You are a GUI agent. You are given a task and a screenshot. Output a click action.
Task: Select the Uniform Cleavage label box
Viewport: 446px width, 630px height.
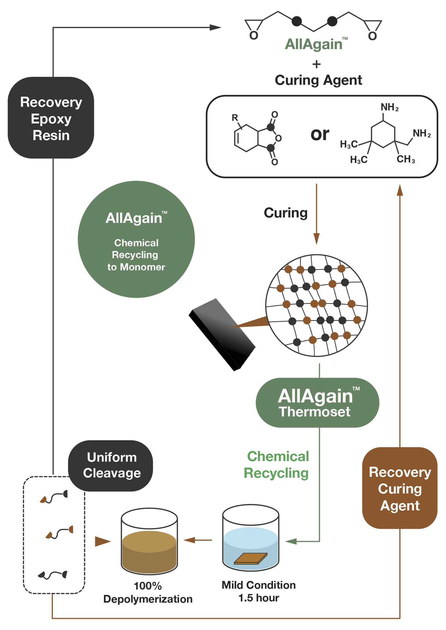pyautogui.click(x=111, y=465)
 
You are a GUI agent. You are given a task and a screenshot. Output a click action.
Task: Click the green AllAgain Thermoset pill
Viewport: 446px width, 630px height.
pyautogui.click(x=317, y=403)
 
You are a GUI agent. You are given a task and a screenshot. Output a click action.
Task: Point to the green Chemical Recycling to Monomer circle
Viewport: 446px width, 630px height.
pyautogui.click(x=136, y=239)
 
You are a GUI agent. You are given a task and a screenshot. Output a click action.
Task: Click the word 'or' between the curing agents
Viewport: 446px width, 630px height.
pyautogui.click(x=320, y=134)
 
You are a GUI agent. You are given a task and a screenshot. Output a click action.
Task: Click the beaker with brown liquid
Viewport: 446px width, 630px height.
pyautogui.click(x=149, y=541)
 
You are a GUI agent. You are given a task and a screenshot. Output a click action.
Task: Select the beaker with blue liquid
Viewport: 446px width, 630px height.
pyautogui.click(x=251, y=538)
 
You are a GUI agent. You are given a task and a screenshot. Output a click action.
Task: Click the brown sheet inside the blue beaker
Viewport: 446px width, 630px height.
pyautogui.click(x=250, y=559)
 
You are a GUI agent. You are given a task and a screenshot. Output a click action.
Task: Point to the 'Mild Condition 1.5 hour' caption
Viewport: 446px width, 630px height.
pyautogui.click(x=259, y=591)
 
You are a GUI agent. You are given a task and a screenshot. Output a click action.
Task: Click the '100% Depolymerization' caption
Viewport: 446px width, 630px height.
pyautogui.click(x=148, y=593)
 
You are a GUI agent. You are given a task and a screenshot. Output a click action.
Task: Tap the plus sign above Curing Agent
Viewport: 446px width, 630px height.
pyautogui.click(x=317, y=64)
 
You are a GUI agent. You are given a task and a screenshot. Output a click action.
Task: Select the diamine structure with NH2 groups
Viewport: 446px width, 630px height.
pyautogui.click(x=385, y=135)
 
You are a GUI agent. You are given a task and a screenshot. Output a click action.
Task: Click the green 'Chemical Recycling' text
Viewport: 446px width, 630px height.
pyautogui.click(x=277, y=465)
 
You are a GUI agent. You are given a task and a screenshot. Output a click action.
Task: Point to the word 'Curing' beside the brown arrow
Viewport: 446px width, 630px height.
pyautogui.click(x=285, y=213)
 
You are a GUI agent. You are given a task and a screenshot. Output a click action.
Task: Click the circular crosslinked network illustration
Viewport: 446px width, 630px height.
pyautogui.click(x=316, y=305)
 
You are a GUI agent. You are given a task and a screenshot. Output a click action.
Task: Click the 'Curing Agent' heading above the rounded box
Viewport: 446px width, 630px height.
pyautogui.click(x=318, y=80)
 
